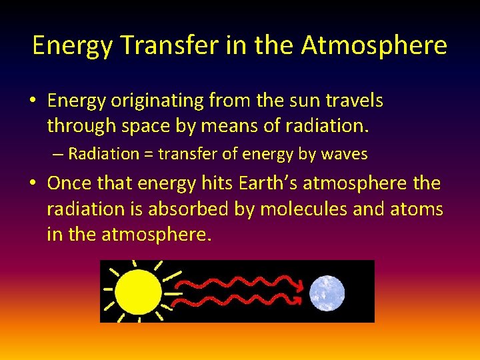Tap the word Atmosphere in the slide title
coord(374,45)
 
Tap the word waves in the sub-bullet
coord(345,155)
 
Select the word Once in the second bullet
coord(69,183)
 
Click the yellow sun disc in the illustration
coord(138,292)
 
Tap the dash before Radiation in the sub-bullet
coord(58,155)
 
